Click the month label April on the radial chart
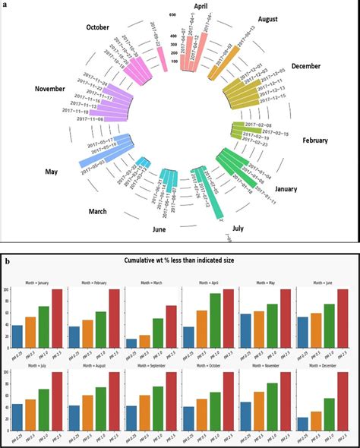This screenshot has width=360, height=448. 201,6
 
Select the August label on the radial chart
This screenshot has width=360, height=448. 267,18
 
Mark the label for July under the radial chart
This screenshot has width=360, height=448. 237,227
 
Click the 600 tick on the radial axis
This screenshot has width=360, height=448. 173,15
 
